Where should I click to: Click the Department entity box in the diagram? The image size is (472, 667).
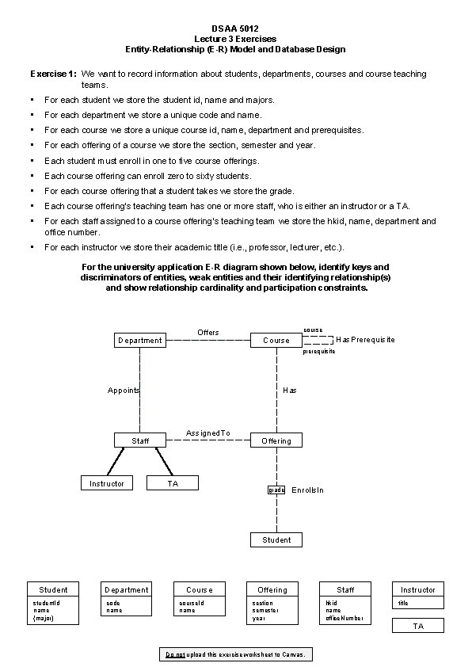click(x=139, y=340)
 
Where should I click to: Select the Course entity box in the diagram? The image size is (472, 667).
click(x=276, y=340)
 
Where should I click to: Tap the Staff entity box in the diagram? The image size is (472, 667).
click(x=139, y=440)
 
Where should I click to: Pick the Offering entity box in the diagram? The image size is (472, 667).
click(x=276, y=440)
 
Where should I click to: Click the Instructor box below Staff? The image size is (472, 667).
click(x=107, y=482)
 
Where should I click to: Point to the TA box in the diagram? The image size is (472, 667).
click(x=173, y=482)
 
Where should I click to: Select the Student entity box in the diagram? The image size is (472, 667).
click(x=276, y=539)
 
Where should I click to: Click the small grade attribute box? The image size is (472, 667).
click(x=276, y=490)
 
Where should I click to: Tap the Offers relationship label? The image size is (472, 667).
click(x=207, y=332)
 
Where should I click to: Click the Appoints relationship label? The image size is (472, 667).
click(x=124, y=390)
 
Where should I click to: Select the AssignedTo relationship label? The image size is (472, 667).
click(x=207, y=433)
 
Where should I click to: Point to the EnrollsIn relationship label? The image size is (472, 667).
click(x=307, y=490)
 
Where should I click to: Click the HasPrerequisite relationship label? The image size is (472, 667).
click(x=365, y=340)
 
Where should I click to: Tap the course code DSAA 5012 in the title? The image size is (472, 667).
click(x=234, y=29)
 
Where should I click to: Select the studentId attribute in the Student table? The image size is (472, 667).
click(x=47, y=603)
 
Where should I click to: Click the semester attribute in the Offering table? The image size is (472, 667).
click(x=266, y=611)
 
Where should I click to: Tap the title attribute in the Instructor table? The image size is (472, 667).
click(x=403, y=604)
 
